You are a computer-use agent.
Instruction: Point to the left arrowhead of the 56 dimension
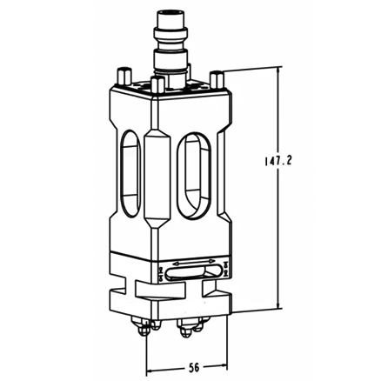150,358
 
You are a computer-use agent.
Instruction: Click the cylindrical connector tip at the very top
165,18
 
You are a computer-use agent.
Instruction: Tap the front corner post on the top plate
157,87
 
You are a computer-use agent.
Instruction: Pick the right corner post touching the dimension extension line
213,80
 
